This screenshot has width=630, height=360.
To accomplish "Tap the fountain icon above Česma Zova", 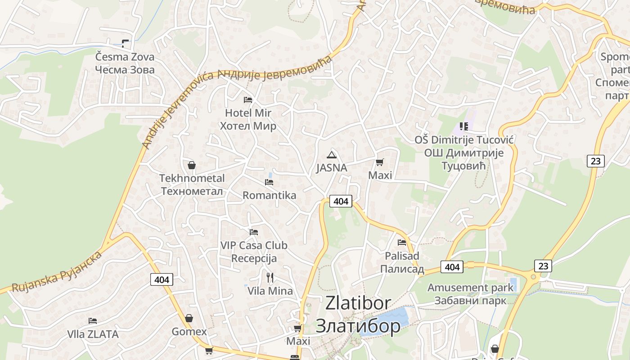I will click(x=125, y=44).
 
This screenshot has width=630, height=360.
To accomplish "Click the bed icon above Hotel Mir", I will click(x=248, y=99).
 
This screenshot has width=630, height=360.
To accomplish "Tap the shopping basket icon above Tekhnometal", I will click(x=192, y=165).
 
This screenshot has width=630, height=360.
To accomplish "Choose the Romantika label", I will click(x=269, y=195).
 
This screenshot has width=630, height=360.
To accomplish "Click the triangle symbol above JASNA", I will click(x=332, y=155).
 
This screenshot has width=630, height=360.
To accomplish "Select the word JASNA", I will click(x=332, y=168).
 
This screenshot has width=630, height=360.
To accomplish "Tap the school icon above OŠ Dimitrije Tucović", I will click(x=464, y=126).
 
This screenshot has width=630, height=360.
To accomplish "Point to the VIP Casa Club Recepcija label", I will click(x=254, y=252).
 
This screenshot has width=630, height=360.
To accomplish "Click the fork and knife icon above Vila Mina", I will click(x=270, y=277).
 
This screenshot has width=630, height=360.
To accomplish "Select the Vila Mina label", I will click(x=270, y=291).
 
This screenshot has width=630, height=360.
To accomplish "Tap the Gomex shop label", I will click(x=189, y=332).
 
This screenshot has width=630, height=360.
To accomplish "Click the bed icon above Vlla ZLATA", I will click(x=93, y=321).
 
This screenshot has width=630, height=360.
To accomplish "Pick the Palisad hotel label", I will click(x=402, y=262).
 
